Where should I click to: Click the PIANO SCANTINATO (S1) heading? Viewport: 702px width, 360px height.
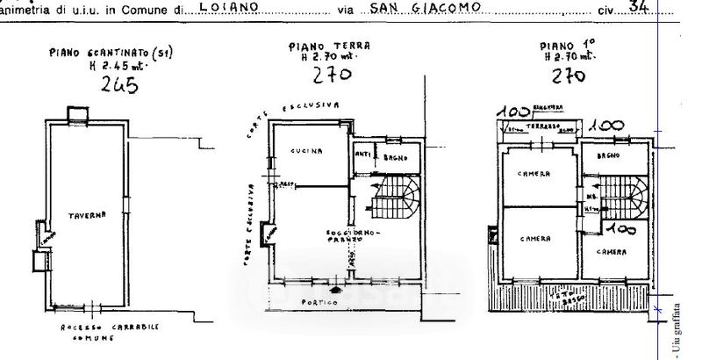tap(111, 53)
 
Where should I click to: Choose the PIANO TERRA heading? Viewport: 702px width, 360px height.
tap(330, 46)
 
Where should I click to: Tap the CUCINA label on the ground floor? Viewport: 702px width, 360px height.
tap(307, 151)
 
